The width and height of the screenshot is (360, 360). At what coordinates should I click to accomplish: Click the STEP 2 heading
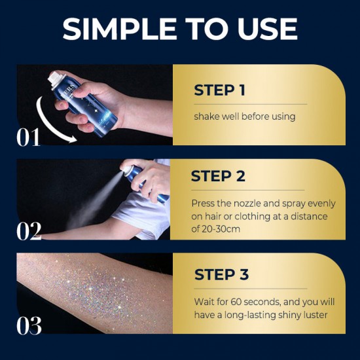click(x=218, y=177)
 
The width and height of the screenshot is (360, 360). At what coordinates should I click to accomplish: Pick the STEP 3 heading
click(x=221, y=274)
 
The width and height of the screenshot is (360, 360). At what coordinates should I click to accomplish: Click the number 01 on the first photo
click(x=29, y=137)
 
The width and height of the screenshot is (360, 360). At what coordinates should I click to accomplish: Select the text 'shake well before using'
click(x=244, y=117)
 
